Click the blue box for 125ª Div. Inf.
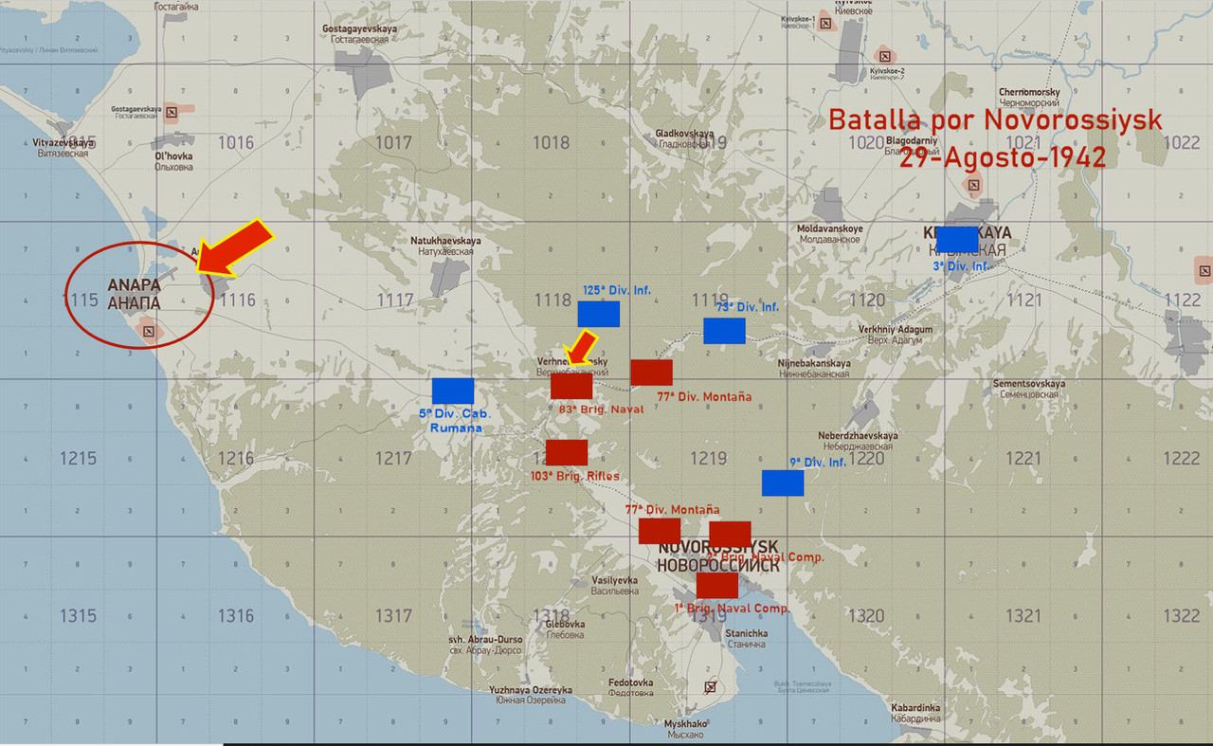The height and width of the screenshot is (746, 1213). [x=599, y=314]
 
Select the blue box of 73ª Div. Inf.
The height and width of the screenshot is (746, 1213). [x=724, y=331]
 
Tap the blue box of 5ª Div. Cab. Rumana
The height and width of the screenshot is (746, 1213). [x=453, y=391]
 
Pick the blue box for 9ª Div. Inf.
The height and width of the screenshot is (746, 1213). [x=783, y=483]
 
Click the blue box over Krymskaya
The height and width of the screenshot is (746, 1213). [x=957, y=239]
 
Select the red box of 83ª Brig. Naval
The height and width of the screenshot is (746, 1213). [x=571, y=386]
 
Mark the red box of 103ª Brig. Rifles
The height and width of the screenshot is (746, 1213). [x=567, y=452]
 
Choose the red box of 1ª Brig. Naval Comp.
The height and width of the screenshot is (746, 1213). [x=717, y=585]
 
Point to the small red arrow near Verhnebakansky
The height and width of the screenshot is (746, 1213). [x=579, y=346]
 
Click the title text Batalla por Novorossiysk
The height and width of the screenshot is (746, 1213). [x=995, y=121]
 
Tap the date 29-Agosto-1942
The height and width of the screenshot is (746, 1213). [x=1003, y=157]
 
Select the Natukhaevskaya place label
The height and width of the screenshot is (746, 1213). [x=446, y=241]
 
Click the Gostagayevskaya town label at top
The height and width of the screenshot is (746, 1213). [x=359, y=29]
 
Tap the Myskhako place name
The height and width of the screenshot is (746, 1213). [x=684, y=723]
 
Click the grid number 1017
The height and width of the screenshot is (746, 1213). [x=393, y=143]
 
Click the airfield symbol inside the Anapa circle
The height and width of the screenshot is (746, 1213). [x=148, y=331]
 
